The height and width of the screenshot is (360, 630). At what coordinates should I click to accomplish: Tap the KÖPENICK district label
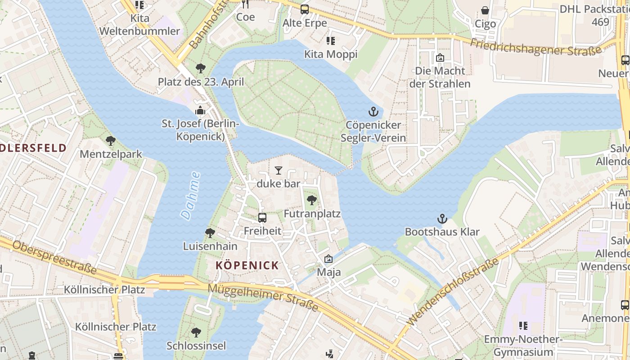247,265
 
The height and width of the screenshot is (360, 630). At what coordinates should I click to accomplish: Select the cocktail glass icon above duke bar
279,171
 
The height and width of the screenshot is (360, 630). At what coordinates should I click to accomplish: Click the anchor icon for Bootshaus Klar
442,219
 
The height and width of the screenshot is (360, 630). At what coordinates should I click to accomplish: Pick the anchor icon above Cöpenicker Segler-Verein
373,112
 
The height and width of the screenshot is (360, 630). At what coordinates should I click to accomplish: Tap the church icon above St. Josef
200,110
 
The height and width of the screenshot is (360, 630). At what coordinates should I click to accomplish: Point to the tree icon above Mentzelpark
111,141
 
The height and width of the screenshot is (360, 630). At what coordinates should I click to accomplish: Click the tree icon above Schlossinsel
196,333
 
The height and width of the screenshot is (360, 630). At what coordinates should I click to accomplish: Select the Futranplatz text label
312,214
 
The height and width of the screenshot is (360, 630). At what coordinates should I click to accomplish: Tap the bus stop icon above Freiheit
262,218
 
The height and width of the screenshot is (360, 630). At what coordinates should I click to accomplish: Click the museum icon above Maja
328,259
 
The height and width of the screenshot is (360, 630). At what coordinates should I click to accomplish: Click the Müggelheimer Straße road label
264,297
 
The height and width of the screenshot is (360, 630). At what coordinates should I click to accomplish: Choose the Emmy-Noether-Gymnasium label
523,346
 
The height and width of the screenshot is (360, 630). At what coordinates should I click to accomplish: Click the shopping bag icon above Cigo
485,10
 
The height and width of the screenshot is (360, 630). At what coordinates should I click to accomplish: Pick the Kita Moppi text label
331,54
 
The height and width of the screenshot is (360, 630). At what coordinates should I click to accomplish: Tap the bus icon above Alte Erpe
305,9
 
